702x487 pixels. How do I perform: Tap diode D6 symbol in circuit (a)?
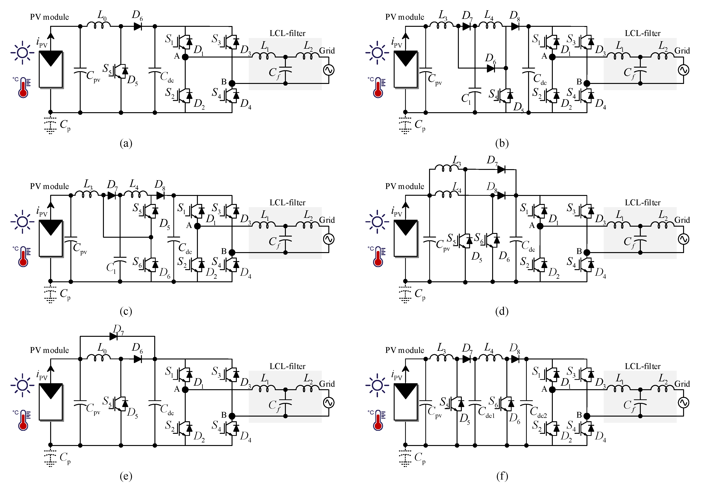pos(138,27)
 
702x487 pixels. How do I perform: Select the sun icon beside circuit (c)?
pos(22,222)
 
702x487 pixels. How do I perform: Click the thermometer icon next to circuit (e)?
pos(23,420)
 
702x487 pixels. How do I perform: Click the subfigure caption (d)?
pos(502,311)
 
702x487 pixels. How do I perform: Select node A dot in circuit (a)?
pos(185,57)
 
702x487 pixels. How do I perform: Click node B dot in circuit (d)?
pos(587,252)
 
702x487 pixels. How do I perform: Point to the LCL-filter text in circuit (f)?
pos(642,366)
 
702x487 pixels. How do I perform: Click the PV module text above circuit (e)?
pos(49,350)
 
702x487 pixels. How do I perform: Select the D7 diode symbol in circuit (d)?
pos(501,169)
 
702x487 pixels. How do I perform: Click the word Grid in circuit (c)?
pos(327,220)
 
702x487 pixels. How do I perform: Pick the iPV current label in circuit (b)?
pos(396,43)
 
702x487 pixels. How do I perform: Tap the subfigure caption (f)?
pos(502,476)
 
